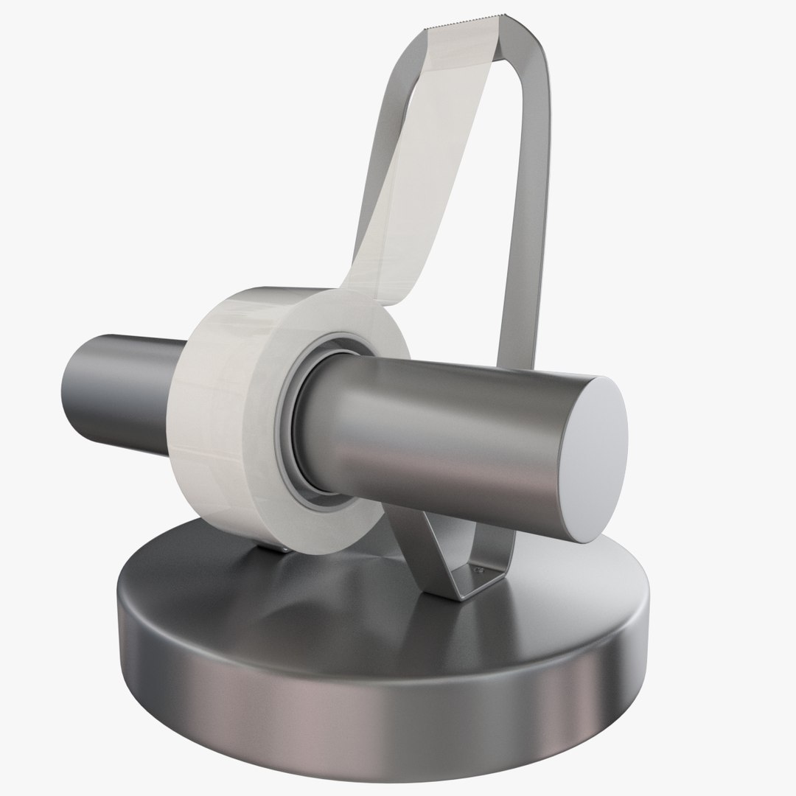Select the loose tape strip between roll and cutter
(413, 162)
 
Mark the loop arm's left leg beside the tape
(383, 184)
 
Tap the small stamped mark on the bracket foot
(478, 568)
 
